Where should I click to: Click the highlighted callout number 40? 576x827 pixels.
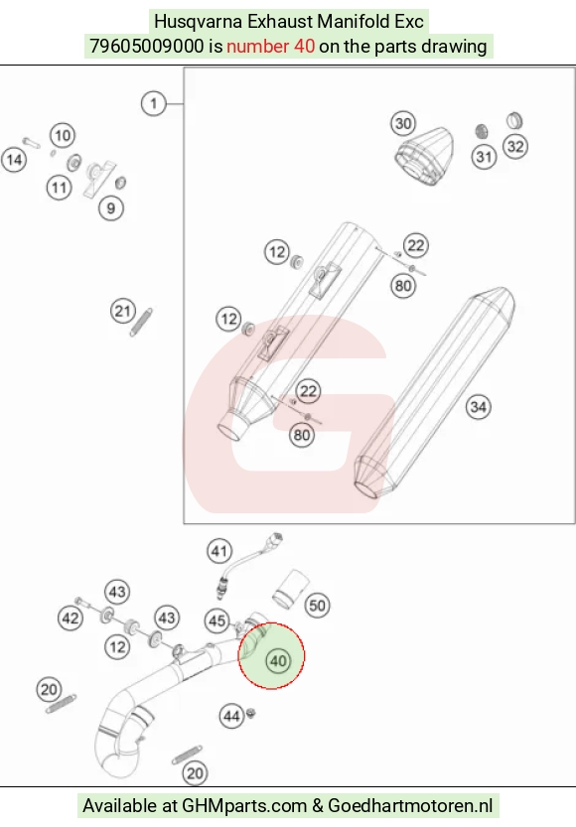point(278,661)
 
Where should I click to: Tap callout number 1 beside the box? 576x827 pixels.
point(154,103)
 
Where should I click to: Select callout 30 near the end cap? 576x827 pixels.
point(403,123)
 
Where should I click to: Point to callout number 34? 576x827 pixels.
point(479,407)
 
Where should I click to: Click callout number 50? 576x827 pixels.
point(317,605)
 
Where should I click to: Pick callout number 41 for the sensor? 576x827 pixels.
point(219,551)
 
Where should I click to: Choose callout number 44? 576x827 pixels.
point(231,716)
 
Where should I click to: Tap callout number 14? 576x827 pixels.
point(14,159)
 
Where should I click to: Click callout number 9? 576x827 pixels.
point(111,207)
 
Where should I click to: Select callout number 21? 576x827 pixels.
point(123,311)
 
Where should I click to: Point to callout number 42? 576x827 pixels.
point(71,618)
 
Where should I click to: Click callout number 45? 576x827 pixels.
point(217,620)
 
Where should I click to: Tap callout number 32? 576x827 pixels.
point(515,146)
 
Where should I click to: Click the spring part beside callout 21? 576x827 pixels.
point(141,322)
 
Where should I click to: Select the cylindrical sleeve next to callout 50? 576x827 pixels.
point(290,588)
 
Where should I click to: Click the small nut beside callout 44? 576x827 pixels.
point(251,713)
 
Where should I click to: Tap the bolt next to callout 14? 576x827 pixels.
point(31,142)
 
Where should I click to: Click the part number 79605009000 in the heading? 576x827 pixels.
point(146,47)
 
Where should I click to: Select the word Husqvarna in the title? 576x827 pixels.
point(199,22)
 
